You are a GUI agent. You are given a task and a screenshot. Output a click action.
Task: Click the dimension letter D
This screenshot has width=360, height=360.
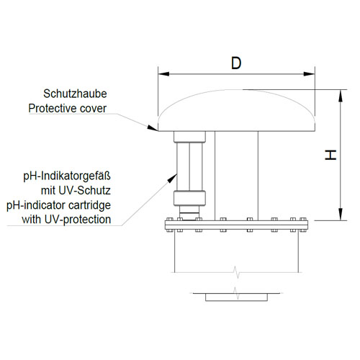(236, 63)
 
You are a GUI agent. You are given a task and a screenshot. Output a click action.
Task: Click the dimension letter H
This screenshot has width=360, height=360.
(330, 155)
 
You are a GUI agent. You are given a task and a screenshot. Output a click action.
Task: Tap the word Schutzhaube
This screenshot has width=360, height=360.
(75, 94)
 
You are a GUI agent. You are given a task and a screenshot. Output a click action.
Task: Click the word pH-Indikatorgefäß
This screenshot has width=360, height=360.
(67, 176)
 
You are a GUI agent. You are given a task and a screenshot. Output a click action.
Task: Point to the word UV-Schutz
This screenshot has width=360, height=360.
(85, 191)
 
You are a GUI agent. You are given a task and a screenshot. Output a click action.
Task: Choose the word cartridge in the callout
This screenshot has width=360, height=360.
(89, 205)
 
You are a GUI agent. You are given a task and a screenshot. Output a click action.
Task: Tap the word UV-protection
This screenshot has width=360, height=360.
(78, 220)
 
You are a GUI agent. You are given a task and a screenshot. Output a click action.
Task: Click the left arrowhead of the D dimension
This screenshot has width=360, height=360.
(163, 73)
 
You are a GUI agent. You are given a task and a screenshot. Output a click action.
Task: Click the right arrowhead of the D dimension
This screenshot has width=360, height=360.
(309, 73)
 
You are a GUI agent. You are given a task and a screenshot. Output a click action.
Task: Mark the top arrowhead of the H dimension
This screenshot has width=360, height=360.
(341, 95)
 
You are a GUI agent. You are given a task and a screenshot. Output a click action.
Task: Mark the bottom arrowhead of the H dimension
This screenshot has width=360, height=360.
(341, 215)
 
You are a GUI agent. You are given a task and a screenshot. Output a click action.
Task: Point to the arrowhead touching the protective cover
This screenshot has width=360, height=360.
(152, 128)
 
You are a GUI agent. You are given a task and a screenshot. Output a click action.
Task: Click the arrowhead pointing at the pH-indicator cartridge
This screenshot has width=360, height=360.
(172, 179)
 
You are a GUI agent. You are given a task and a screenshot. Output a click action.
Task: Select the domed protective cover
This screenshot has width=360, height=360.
(236, 111)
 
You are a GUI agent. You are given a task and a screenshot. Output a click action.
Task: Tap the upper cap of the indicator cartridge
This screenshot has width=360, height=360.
(189, 137)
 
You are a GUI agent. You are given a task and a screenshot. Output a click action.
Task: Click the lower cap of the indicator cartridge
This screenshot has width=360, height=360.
(189, 198)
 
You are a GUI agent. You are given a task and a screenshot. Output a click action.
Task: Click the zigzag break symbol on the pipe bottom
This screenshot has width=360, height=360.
(237, 272)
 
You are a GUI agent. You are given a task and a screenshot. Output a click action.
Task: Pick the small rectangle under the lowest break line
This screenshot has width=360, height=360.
(236, 297)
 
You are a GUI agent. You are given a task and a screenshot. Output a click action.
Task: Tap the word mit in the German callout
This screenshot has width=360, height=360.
(48, 191)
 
